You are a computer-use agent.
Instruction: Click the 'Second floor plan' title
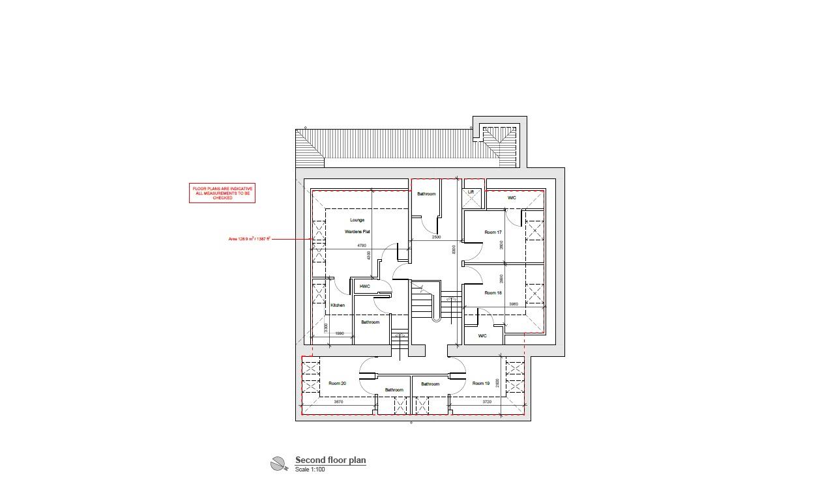[330, 460]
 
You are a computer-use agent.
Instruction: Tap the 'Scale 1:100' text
[310, 470]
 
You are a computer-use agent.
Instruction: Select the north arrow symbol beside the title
[278, 464]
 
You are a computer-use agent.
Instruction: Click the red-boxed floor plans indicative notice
[222, 193]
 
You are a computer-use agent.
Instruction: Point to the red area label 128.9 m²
[249, 239]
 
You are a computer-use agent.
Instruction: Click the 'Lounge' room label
[357, 220]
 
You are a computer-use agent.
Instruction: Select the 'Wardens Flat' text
[357, 232]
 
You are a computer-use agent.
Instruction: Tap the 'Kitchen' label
[338, 305]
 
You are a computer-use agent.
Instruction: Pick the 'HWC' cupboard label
[365, 287]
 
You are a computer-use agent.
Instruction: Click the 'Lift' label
[471, 192]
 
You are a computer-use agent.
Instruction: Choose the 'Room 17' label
[493, 232]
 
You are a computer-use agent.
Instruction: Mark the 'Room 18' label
[493, 293]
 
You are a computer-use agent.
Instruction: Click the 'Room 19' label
[481, 384]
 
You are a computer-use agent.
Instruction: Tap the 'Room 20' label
[337, 384]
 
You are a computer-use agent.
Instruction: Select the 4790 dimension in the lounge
[361, 245]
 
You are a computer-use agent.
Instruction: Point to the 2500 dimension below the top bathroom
[436, 237]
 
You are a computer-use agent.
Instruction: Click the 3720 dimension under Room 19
[487, 402]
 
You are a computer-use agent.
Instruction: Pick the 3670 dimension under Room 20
[338, 402]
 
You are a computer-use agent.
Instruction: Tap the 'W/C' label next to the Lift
[512, 198]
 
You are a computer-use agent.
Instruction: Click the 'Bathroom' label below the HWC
[370, 322]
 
